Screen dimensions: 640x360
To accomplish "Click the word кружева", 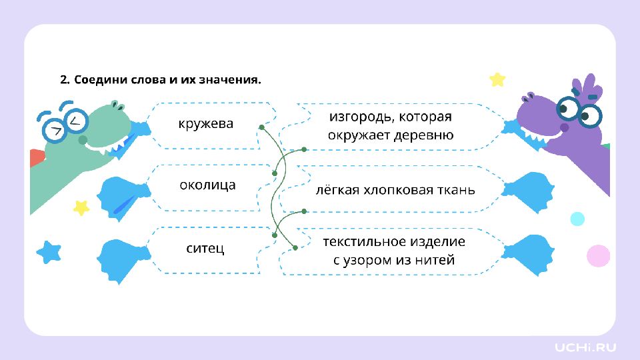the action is coord(206,124).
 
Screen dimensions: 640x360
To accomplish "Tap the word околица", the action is coord(207,185).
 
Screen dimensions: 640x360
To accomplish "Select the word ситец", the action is coord(205,248).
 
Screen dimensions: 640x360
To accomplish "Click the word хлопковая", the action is coord(392,190).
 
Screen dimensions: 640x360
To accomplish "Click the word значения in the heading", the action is coord(230,79).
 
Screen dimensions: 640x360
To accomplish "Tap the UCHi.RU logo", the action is coord(585,348).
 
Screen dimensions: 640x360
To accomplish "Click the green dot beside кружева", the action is coord(261,127).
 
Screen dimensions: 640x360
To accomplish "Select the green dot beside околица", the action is coord(275,173).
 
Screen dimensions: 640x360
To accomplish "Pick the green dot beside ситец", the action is coord(275,235).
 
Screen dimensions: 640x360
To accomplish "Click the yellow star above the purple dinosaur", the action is coord(497,79).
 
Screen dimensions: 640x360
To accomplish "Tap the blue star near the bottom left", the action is coord(49,252).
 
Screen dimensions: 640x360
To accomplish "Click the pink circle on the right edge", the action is coord(599,256).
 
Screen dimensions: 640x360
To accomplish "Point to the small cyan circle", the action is coord(577,219).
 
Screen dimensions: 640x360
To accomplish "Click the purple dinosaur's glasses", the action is coord(579,111).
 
